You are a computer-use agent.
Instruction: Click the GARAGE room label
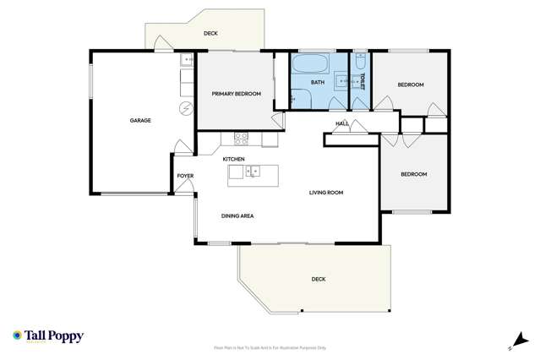(x=140, y=121)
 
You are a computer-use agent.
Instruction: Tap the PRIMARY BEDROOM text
(x=236, y=94)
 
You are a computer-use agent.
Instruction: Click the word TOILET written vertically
(x=362, y=81)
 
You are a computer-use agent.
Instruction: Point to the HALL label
(x=341, y=124)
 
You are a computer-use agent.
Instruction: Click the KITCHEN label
(x=234, y=159)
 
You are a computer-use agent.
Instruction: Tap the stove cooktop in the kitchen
(x=241, y=137)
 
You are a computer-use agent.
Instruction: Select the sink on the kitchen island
(x=253, y=172)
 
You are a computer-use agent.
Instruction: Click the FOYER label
(x=185, y=176)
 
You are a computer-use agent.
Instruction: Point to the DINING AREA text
(x=237, y=215)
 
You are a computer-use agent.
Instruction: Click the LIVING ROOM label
(x=325, y=193)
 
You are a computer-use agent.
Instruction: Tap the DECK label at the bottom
(x=318, y=279)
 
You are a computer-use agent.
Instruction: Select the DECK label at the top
(x=210, y=34)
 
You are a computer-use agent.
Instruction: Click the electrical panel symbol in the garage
(x=185, y=107)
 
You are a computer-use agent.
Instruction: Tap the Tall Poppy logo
(x=48, y=335)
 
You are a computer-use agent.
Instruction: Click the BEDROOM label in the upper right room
(x=411, y=85)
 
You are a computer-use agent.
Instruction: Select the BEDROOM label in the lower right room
(x=413, y=174)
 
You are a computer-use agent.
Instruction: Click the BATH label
(x=318, y=82)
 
